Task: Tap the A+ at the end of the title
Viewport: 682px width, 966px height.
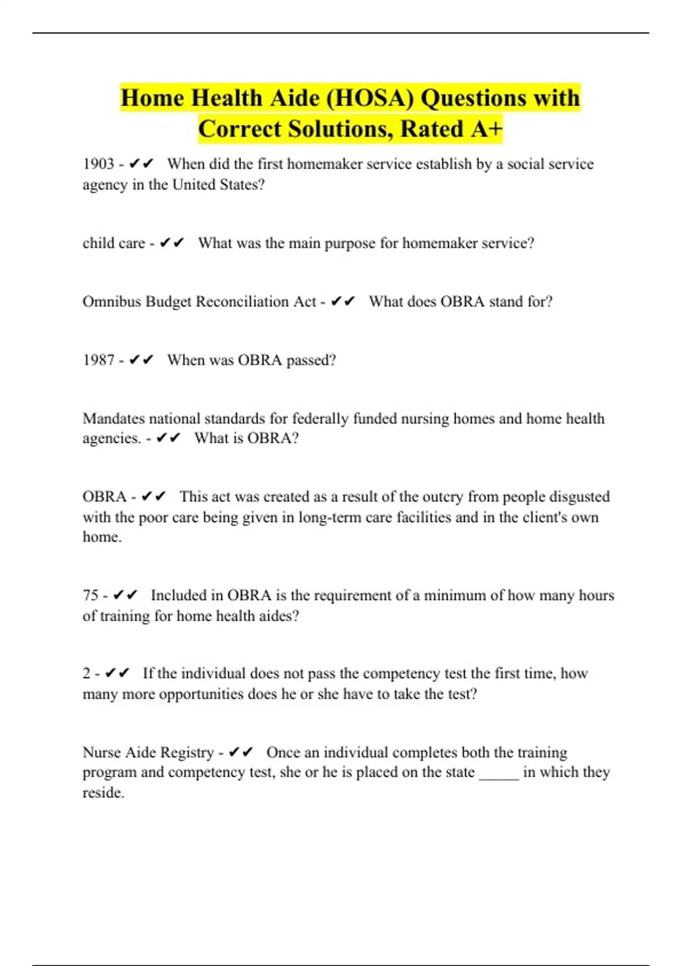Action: coord(487,129)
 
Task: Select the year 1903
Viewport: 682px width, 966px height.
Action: coord(98,164)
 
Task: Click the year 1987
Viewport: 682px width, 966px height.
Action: coord(98,360)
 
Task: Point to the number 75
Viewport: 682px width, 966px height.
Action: coord(90,596)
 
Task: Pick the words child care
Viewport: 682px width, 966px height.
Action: coord(114,243)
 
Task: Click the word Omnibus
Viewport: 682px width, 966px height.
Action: coord(111,302)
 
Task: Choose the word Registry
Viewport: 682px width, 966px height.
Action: coord(188,753)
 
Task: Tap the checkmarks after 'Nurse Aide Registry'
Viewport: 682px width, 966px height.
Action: coord(241,753)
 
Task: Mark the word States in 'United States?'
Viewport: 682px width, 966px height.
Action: coord(242,185)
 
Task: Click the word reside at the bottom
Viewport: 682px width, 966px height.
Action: coord(102,793)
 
